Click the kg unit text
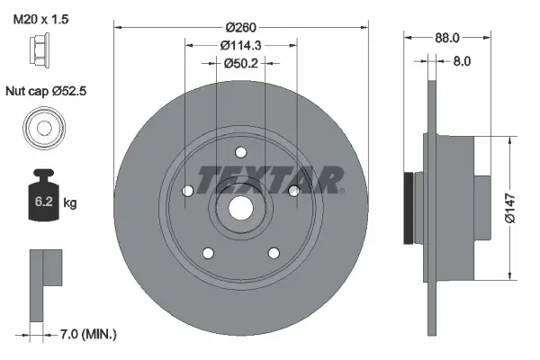click(x=70, y=203)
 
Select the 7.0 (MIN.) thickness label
click(x=87, y=335)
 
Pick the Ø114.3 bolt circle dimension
click(x=240, y=42)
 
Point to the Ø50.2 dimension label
click(x=240, y=62)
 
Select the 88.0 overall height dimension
click(x=447, y=38)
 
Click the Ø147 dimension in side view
click(x=511, y=207)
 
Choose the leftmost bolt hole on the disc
click(x=187, y=191)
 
